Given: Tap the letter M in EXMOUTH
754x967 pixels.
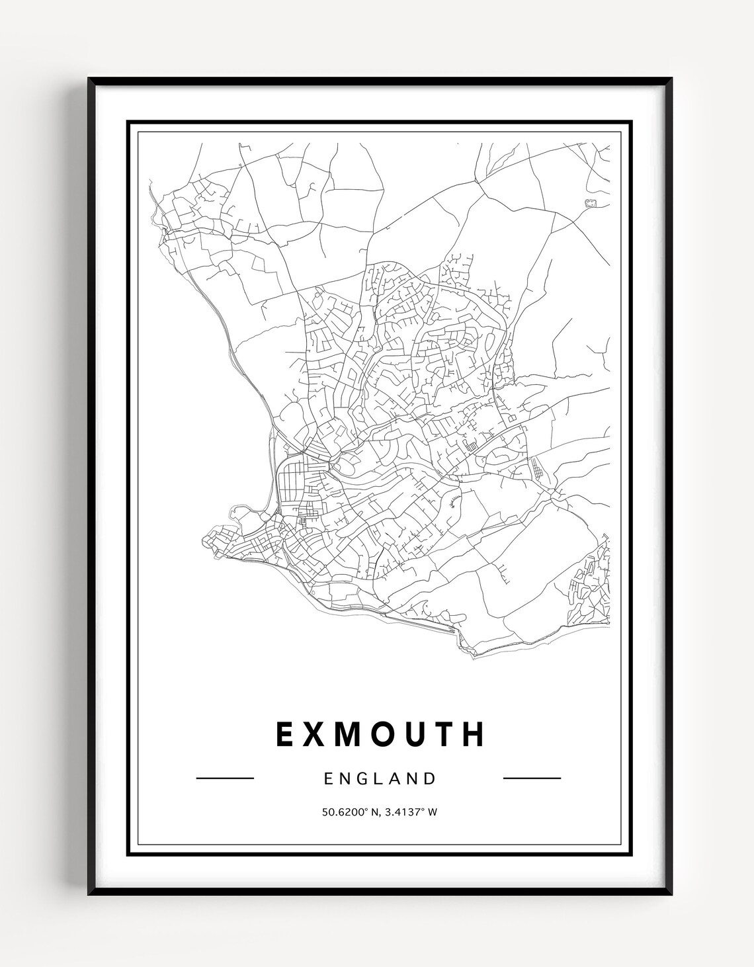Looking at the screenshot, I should (x=360, y=734).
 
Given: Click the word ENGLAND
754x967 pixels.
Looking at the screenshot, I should (x=380, y=778).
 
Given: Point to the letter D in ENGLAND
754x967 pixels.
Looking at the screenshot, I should (x=431, y=778).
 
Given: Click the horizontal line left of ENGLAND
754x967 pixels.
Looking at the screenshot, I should (x=225, y=778).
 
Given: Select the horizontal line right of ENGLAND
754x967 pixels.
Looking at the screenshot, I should (x=532, y=778).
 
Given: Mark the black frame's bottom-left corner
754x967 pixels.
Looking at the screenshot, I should (x=90, y=894).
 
